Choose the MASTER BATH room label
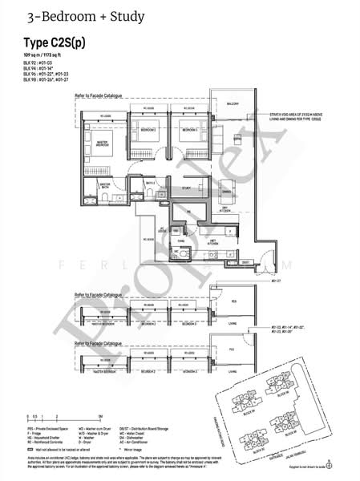pyautogui.click(x=104, y=184)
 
